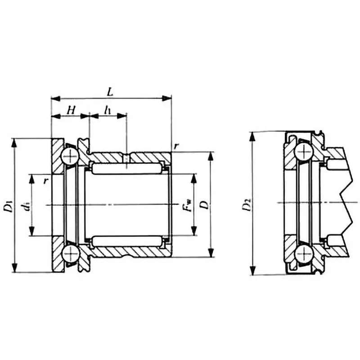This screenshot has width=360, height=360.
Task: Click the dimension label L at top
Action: point(110,90)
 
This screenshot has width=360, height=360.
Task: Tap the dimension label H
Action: point(71,109)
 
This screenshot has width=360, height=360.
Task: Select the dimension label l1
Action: point(107,109)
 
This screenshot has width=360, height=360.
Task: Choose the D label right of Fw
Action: point(205,205)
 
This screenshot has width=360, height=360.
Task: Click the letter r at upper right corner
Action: point(177,146)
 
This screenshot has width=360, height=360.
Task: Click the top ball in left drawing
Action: point(71,156)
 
